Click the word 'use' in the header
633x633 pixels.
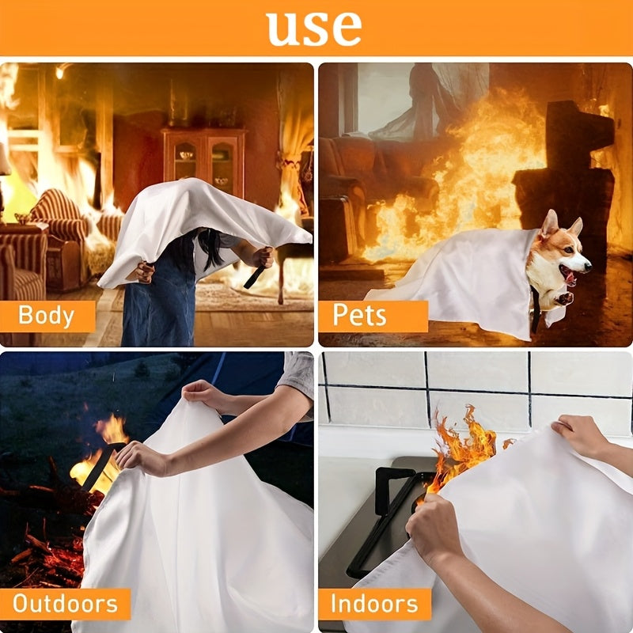[314, 28]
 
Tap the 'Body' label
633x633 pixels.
[46, 315]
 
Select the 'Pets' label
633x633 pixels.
[358, 315]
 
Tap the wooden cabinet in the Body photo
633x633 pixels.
[203, 161]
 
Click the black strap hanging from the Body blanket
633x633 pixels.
[254, 277]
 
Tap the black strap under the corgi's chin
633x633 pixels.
[536, 309]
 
